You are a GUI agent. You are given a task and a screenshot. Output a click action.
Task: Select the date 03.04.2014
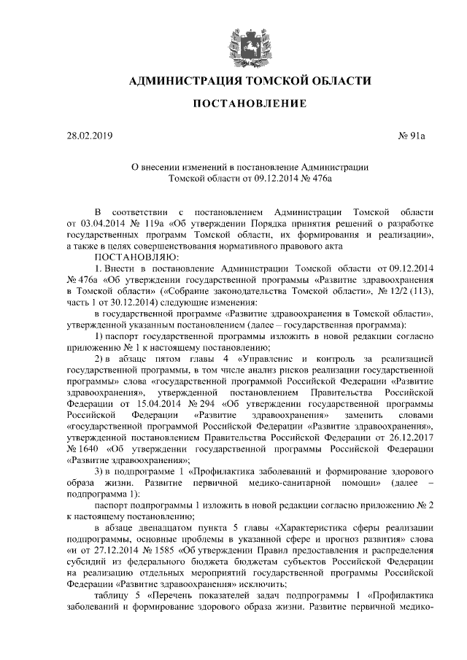coord(100,222)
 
